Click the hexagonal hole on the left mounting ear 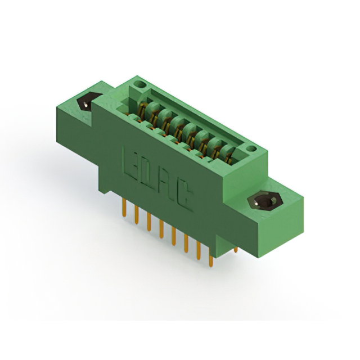[85, 103]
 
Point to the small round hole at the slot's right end [250, 149]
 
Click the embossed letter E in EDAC [129, 161]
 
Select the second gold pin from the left [136, 217]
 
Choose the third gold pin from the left [148, 223]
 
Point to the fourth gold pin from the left [161, 230]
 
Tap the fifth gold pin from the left [173, 237]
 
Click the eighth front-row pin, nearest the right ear [210, 260]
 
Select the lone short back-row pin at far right [236, 249]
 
